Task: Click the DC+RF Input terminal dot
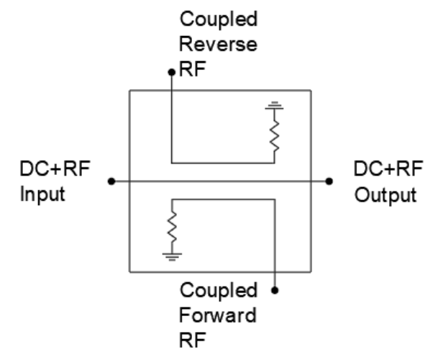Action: coord(111,181)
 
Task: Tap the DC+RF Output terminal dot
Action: coord(329,181)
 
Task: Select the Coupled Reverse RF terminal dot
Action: coord(171,73)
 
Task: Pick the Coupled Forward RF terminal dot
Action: coord(275,290)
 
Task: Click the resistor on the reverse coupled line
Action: coord(274,136)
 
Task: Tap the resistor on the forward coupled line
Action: coord(172,227)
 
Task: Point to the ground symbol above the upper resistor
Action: coord(274,105)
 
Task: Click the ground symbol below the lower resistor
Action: coord(172,257)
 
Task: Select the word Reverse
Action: coord(218,45)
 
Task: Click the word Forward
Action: coord(218,315)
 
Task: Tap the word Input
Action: coord(42,194)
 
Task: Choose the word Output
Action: coord(385,194)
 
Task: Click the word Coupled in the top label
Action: coord(219,19)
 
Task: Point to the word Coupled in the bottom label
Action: coord(219,291)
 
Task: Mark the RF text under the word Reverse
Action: coord(193,69)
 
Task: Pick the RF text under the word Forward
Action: coord(193,340)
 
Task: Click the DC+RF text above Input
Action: coord(55,168)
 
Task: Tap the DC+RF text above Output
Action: coord(388,168)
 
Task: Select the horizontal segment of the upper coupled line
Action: coord(223,163)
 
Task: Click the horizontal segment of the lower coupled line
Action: coord(224,199)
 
